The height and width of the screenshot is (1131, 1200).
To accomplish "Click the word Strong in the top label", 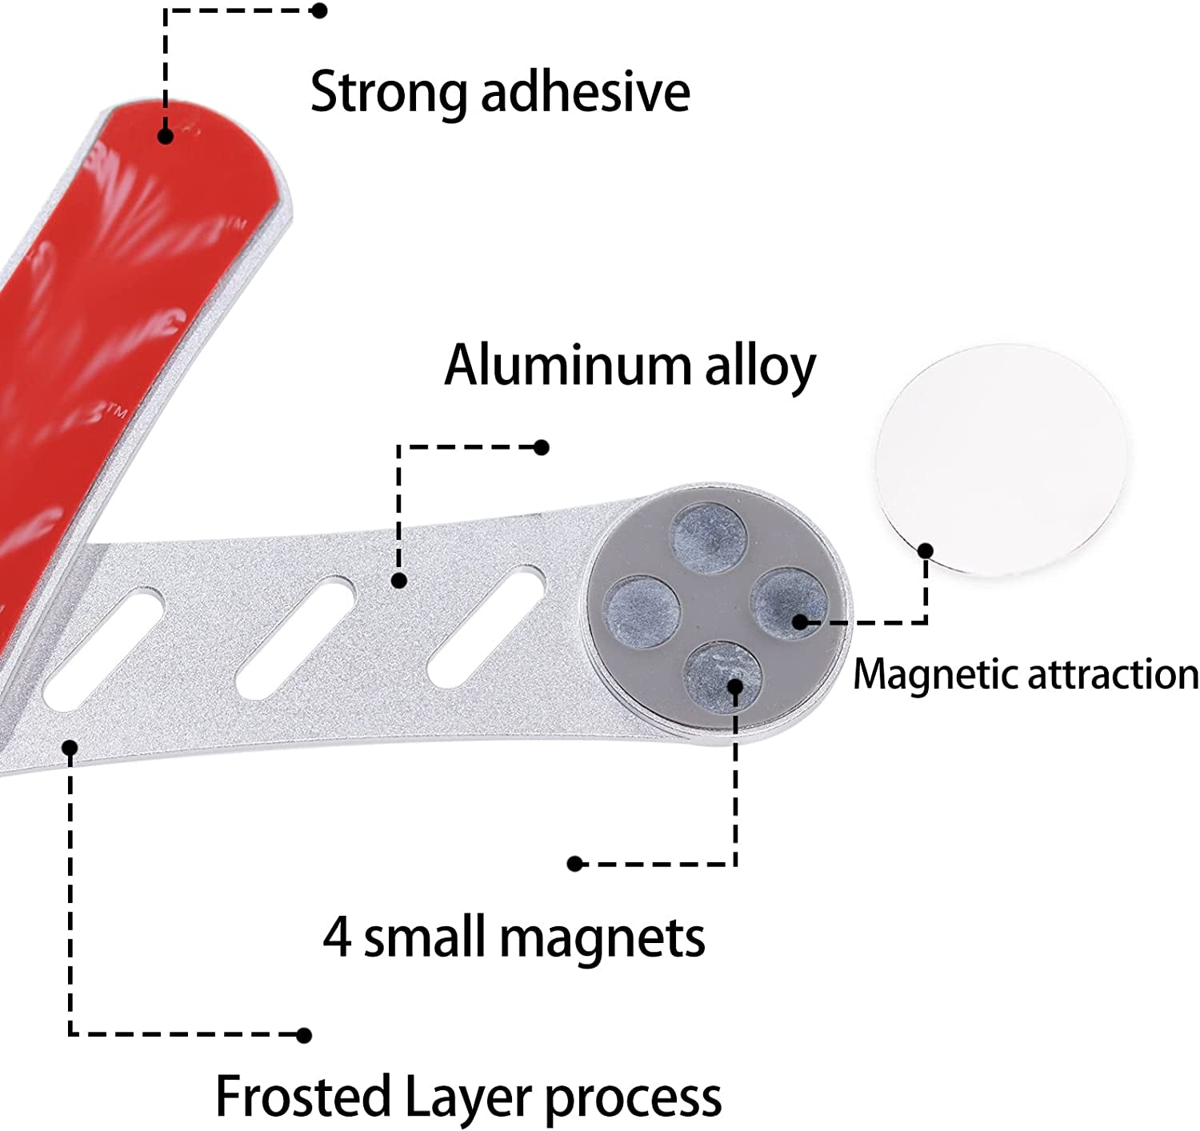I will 388,94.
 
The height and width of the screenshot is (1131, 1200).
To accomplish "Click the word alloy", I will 760,367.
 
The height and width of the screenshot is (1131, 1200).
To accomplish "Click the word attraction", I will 1113,674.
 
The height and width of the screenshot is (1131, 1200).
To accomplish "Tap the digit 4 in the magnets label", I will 337,937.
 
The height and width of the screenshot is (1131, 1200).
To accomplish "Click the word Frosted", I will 302,1097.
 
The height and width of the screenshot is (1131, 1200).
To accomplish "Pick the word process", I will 633,1098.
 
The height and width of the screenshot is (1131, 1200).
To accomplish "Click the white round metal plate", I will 1000,460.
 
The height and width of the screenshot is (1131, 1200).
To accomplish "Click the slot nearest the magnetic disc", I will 486,625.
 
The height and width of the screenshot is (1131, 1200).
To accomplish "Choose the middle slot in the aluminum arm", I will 296,637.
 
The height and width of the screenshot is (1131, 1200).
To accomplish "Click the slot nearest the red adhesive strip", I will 104,649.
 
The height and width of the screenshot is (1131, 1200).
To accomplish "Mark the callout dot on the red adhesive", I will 166,136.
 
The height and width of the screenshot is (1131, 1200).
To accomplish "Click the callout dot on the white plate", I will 926,550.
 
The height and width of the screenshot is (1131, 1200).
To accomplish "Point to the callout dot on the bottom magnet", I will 735,685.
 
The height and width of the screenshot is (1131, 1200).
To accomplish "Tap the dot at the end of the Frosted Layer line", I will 303,1035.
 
